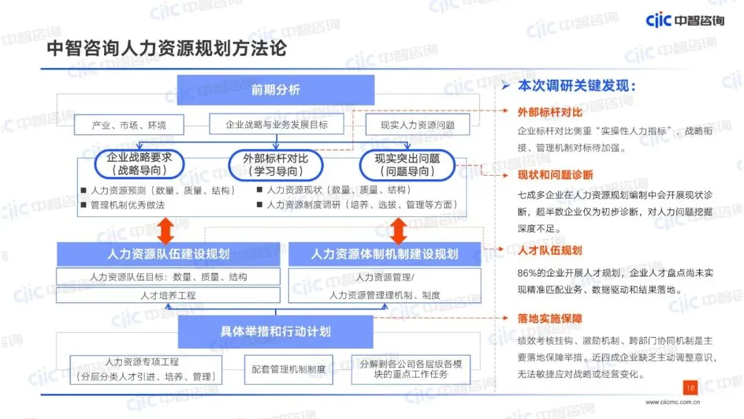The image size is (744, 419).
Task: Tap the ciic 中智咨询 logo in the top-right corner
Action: pos(685,20)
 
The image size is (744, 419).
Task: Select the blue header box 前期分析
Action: pos(276,90)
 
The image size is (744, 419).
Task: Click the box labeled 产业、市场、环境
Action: pos(129,125)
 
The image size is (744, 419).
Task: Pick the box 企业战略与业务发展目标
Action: pos(276,125)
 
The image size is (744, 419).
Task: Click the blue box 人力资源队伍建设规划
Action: pos(168,254)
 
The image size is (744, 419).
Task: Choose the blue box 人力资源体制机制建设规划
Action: pos(384,254)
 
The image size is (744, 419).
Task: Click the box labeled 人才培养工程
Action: pos(168,295)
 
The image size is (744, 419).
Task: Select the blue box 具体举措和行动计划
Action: pos(276,331)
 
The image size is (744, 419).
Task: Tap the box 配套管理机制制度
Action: pos(289,369)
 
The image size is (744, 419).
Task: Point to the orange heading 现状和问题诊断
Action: pos(555,175)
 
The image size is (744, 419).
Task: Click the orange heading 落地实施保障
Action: pos(550,319)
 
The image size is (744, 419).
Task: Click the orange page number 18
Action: pos(690,387)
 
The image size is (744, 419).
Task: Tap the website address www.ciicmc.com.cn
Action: pos(672,402)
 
